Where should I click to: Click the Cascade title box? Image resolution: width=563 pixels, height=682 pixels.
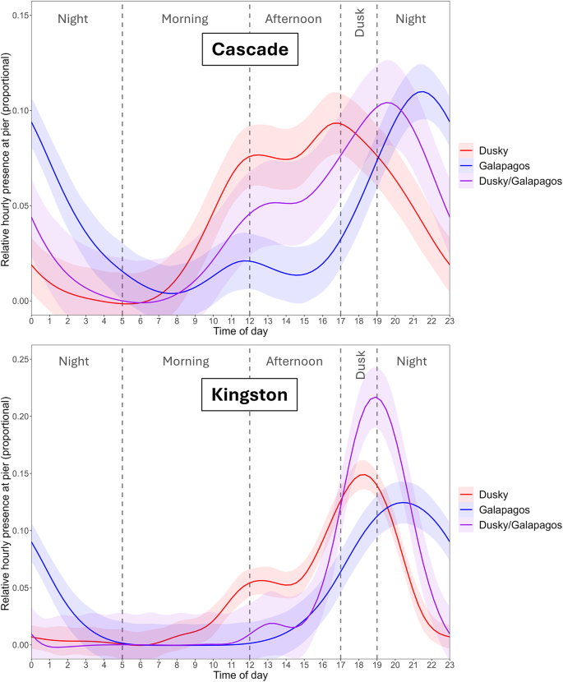pos(250,49)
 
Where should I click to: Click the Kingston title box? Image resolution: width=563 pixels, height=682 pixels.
pos(250,394)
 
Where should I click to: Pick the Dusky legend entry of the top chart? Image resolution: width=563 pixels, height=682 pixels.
pos(491,150)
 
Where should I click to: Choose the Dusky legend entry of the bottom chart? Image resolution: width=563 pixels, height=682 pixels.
pos(491,495)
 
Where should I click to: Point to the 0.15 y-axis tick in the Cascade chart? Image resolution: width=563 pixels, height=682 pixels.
pos(15,16)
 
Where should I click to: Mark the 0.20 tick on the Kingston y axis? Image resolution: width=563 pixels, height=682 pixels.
pos(15,417)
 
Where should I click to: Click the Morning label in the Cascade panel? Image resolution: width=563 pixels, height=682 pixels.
pos(185,18)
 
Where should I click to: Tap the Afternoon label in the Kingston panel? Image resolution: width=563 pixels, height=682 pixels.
pos(294,362)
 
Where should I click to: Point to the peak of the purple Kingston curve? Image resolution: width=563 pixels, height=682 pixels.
pos(376,398)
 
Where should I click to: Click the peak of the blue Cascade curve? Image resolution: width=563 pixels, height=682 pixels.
pos(422,91)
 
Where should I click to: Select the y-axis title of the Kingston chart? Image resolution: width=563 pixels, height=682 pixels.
pos(7,502)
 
